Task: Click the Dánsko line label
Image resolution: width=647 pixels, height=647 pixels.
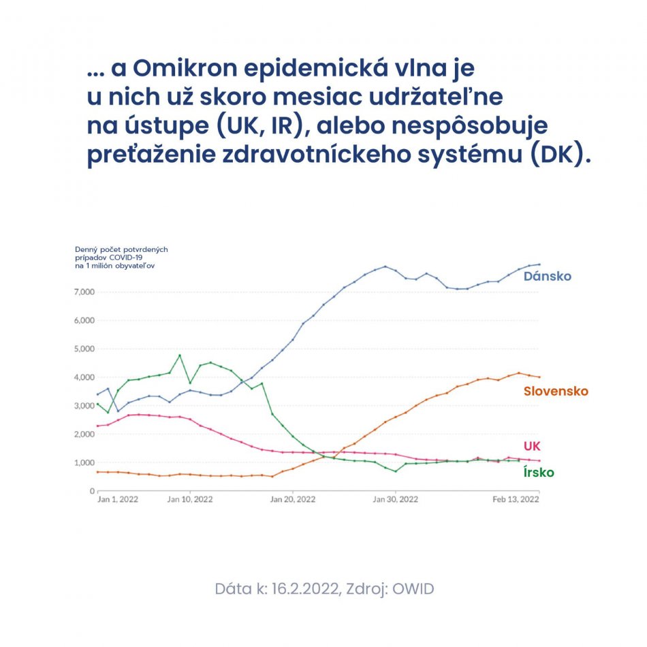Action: pyautogui.click(x=547, y=277)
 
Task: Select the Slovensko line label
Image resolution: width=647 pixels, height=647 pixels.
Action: pyautogui.click(x=556, y=392)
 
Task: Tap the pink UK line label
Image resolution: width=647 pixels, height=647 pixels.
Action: pyautogui.click(x=532, y=446)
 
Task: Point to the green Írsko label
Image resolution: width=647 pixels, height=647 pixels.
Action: pyautogui.click(x=539, y=473)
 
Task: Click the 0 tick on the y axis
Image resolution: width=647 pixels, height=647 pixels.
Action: pyautogui.click(x=91, y=491)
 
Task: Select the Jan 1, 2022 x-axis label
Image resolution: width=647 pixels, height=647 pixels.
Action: pyautogui.click(x=118, y=499)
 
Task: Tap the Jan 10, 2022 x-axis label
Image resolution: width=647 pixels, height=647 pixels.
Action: pyautogui.click(x=189, y=499)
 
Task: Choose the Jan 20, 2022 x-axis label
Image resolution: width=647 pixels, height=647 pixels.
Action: pyautogui.click(x=293, y=499)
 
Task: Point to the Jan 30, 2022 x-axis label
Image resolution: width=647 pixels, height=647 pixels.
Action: pyautogui.click(x=396, y=499)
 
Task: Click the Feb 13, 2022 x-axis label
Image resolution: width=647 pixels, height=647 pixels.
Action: pyautogui.click(x=516, y=499)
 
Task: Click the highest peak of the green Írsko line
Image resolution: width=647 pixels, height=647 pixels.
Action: pyautogui.click(x=180, y=355)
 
